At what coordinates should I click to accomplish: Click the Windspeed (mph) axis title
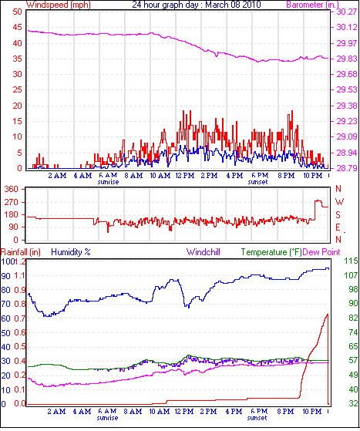[x=59, y=5]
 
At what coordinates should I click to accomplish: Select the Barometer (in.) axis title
[x=313, y=5]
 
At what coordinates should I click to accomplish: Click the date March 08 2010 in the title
[x=233, y=5]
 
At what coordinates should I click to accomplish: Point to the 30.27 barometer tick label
[x=347, y=12]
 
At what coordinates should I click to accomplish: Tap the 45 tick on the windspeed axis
[x=17, y=27]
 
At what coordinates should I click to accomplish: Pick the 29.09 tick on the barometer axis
[x=347, y=136]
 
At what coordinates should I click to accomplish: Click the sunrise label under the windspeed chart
[x=108, y=182]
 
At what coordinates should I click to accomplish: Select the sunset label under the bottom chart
[x=257, y=418]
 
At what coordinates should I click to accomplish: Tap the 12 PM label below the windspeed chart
[x=185, y=175]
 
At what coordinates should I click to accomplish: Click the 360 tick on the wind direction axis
[x=12, y=189]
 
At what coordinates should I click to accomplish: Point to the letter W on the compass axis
[x=339, y=202]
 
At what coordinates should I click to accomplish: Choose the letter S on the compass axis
[x=338, y=214]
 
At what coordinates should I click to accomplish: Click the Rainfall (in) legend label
[x=21, y=252]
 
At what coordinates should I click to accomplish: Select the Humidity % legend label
[x=71, y=252]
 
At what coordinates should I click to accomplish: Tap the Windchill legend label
[x=203, y=252]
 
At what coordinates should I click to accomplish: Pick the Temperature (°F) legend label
[x=271, y=252]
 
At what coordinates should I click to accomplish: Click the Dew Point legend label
[x=321, y=252]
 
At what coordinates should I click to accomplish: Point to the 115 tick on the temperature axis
[x=352, y=261]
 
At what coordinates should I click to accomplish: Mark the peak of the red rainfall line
[x=328, y=314]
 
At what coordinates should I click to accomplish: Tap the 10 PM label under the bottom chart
[x=312, y=412]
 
